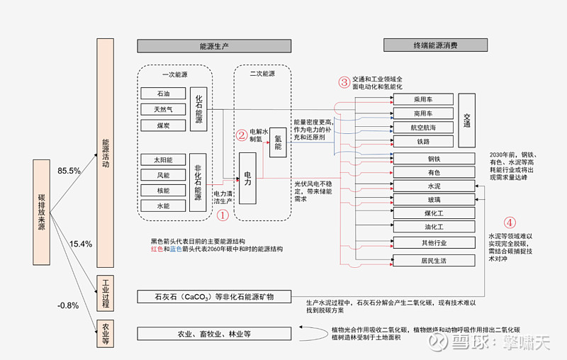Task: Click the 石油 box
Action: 163,94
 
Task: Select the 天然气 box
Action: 163,109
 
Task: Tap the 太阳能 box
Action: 163,159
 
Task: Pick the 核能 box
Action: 163,190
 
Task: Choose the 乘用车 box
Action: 423,100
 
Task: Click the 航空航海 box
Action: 423,128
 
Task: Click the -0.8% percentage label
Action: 68,305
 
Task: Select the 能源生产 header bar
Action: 213,46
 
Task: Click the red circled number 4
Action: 509,222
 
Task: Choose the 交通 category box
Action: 467,120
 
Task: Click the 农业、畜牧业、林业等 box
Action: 213,334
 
